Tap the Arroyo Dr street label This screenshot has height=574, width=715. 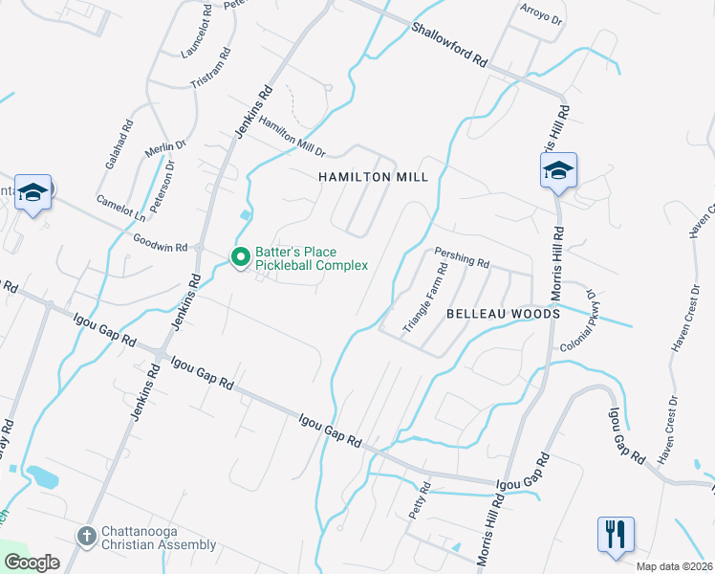pyautogui.click(x=541, y=16)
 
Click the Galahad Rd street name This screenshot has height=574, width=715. pyautogui.click(x=116, y=144)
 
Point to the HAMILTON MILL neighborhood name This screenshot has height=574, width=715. pyautogui.click(x=373, y=178)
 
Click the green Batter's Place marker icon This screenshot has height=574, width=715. pyautogui.click(x=240, y=256)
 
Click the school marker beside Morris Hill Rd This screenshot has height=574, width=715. pyautogui.click(x=558, y=170)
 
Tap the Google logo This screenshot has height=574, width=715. pyautogui.click(x=32, y=563)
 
